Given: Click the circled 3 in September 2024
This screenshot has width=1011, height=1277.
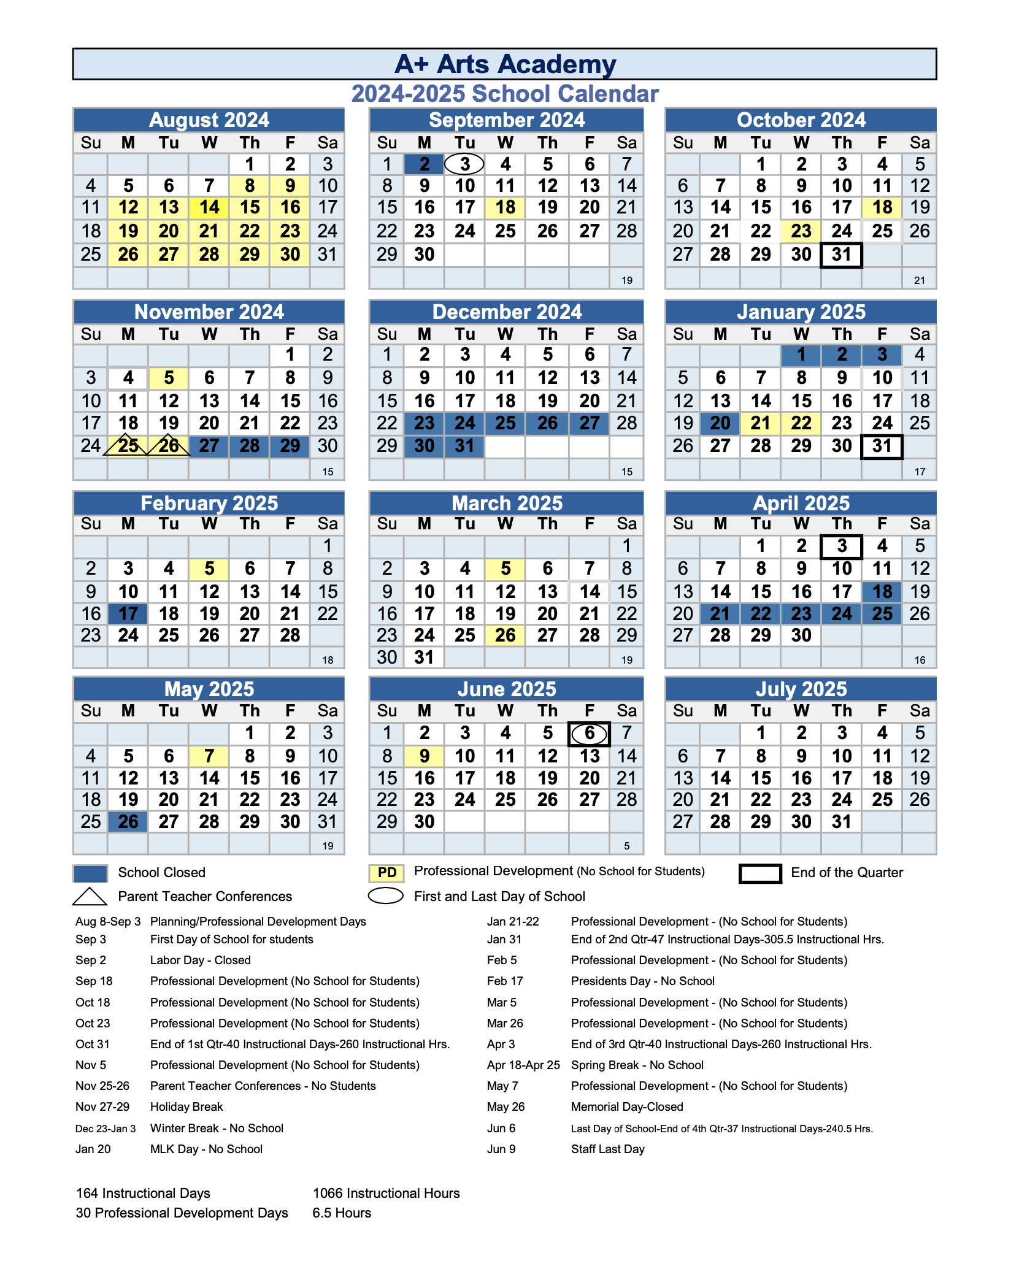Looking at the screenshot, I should click(464, 164).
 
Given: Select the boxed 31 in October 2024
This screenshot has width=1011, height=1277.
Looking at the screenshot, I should click(841, 255).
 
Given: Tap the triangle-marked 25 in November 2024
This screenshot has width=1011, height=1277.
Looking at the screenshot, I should click(128, 446).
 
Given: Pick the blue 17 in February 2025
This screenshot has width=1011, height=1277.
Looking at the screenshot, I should click(128, 614).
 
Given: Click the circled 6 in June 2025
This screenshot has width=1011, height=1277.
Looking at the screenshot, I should click(589, 734).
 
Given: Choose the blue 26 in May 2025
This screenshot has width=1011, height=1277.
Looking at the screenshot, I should click(128, 822).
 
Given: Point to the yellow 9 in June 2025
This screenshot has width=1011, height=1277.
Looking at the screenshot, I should click(424, 756).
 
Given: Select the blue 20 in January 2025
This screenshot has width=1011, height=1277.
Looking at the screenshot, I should click(720, 423).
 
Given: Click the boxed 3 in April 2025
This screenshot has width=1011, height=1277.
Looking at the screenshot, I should click(841, 546).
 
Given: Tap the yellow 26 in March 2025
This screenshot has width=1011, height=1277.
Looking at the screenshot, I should click(505, 635).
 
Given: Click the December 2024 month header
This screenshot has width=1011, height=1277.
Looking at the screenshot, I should click(506, 312).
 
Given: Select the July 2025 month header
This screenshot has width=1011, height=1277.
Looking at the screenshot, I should click(801, 689).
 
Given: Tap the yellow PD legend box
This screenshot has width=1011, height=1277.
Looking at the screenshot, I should click(386, 873).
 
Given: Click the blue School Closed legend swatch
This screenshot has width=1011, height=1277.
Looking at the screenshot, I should click(90, 873).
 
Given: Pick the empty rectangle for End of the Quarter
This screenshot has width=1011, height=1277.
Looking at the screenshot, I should click(759, 873).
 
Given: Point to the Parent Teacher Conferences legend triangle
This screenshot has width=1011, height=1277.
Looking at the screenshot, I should click(90, 897).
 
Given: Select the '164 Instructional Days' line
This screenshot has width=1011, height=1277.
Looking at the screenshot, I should click(143, 1193).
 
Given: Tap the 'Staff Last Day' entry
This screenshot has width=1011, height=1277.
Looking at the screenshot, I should click(607, 1149).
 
